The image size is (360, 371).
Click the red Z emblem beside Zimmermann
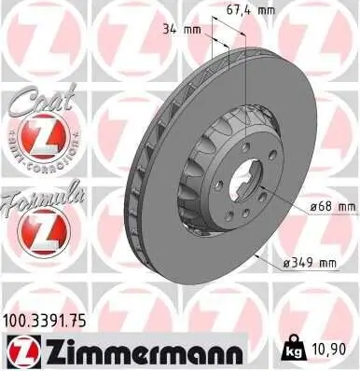coord(21,350)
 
